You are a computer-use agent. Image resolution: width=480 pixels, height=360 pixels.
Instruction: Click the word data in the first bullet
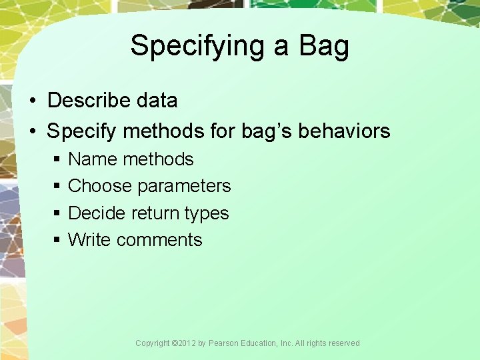[157, 101]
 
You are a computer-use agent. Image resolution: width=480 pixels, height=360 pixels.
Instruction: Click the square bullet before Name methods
[57, 160]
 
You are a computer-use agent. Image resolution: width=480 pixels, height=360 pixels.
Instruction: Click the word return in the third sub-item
[156, 213]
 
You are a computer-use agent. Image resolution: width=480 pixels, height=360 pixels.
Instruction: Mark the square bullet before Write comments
[57, 240]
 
